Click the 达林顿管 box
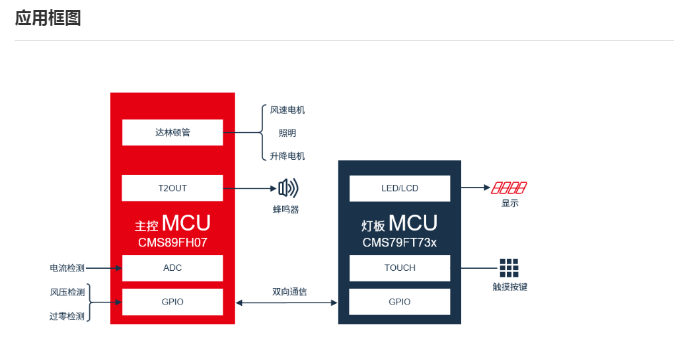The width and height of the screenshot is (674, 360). tap(172, 132)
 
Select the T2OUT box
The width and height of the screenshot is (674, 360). tap(172, 188)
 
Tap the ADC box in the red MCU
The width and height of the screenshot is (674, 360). tap(172, 268)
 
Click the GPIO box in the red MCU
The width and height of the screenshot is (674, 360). tap(172, 302)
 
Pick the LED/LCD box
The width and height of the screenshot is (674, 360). tap(400, 188)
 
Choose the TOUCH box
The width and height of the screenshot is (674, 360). tap(400, 268)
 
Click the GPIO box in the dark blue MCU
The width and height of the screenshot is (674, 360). tap(399, 302)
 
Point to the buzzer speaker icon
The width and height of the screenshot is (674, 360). tap(288, 188)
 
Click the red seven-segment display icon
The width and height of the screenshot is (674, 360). tap(509, 188)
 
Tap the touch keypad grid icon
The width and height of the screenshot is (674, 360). tap(509, 268)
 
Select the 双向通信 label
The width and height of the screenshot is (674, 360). tap(289, 292)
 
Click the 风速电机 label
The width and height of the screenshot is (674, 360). tap(287, 110)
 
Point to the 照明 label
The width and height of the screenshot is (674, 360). tap(287, 133)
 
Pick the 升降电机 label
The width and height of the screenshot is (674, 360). tap(287, 156)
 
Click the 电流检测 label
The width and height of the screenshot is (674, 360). tap(67, 268)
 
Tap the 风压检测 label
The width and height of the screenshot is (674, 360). tap(67, 293)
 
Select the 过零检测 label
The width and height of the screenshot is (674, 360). tap(67, 316)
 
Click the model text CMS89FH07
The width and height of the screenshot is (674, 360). tap(172, 242)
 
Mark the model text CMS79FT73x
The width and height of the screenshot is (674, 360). tap(399, 242)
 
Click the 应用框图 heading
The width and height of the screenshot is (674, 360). tap(48, 18)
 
